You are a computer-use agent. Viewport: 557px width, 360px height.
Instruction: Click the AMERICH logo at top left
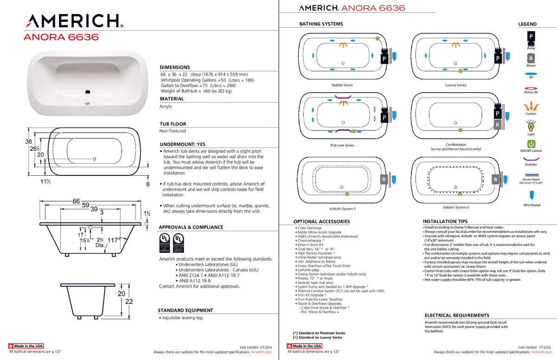74,21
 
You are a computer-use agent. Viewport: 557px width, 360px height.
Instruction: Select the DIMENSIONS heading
175,67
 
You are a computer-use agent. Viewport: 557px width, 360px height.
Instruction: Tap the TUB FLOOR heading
173,124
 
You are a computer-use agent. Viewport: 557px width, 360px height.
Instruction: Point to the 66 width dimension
76,201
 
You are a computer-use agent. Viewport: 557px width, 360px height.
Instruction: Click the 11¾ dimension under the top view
45,181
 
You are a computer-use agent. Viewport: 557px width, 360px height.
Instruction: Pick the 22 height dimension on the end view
129,302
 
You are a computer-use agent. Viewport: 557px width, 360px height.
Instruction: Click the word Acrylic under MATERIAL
166,106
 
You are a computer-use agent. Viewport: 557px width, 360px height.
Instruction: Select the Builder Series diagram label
342,85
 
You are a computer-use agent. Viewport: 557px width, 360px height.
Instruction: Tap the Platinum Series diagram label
342,145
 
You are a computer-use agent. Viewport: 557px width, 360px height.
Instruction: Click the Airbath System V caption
456,207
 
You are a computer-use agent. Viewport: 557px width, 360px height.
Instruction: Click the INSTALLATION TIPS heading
445,221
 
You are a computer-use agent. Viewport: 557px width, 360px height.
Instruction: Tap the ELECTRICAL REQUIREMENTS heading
457,315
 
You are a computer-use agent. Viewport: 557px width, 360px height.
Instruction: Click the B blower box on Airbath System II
384,179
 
